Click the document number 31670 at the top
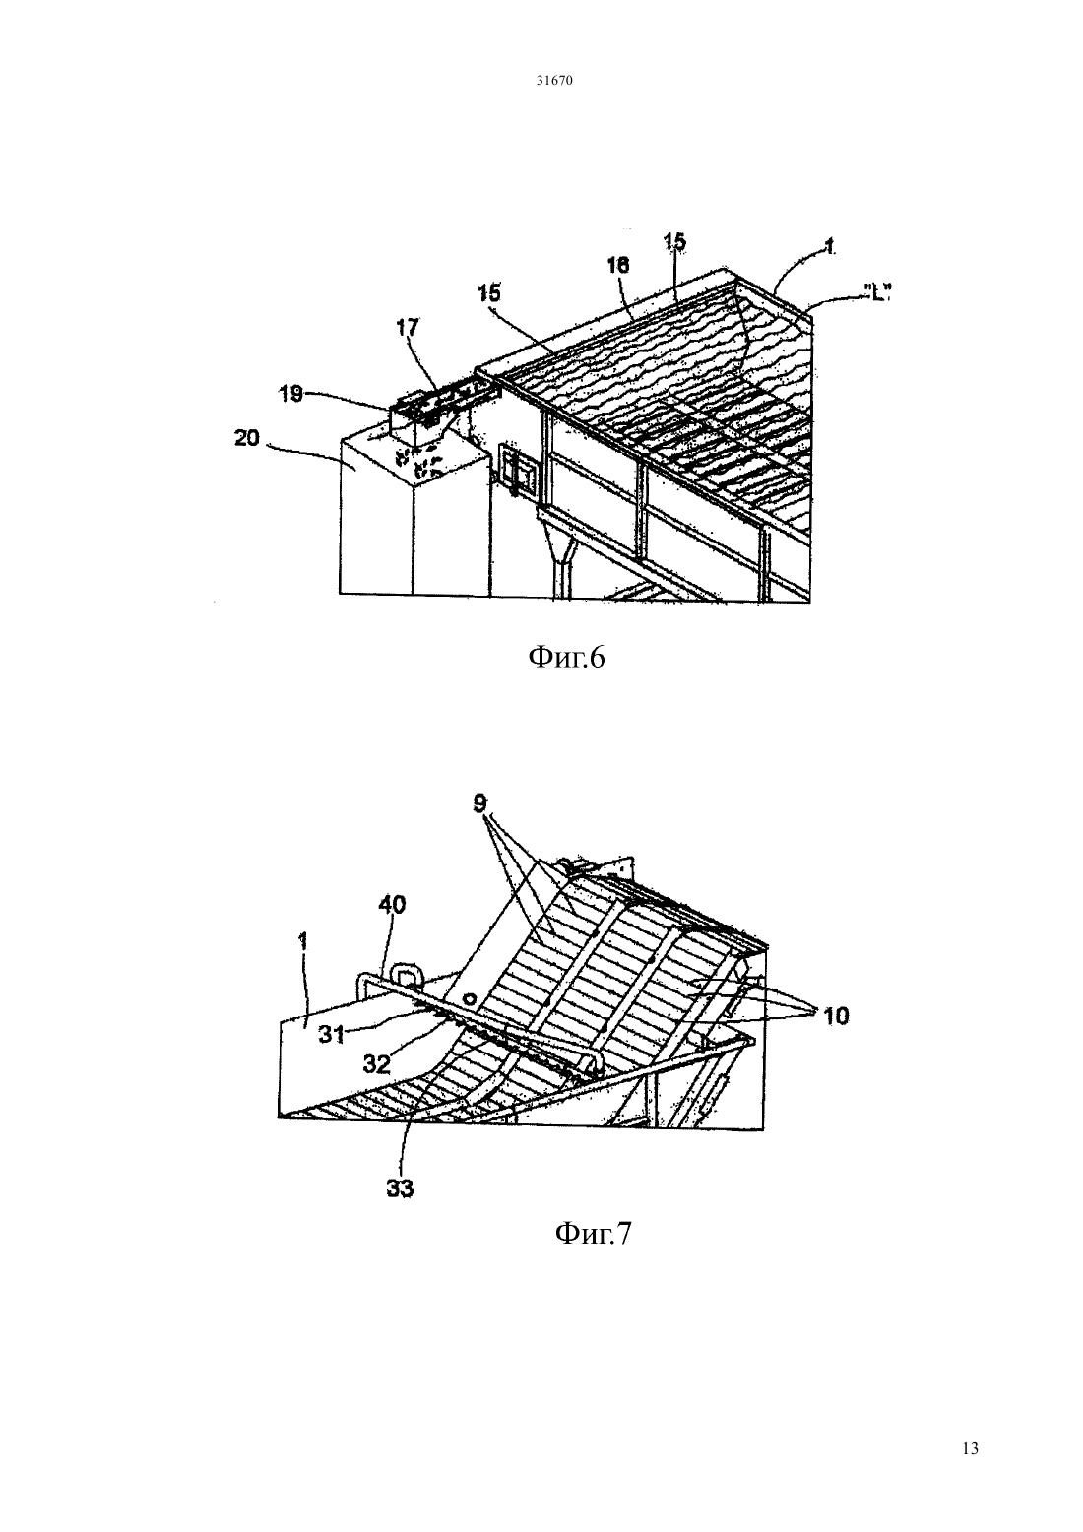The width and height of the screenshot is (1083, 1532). [553, 81]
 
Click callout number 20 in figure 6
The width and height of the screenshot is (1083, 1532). [246, 438]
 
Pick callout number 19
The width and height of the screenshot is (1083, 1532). [290, 395]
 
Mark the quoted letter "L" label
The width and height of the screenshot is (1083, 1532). [874, 295]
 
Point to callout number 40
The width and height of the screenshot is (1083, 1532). [391, 905]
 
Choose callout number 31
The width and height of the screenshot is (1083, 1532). [332, 1036]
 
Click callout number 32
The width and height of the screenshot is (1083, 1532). [376, 1063]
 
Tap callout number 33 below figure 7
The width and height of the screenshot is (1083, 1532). [400, 1188]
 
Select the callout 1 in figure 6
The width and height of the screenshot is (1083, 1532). [828, 247]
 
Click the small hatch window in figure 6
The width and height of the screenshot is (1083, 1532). [518, 471]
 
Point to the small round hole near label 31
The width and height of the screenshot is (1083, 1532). [470, 999]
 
